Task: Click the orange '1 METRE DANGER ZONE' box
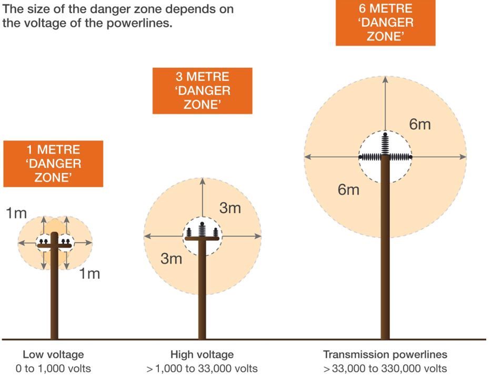tap(53, 163)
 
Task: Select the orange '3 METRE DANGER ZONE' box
tap(203, 90)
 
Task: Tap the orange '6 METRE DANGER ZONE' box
tap(386, 23)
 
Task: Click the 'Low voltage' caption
tap(53, 354)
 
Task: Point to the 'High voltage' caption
tap(202, 354)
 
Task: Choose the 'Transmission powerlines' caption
tap(385, 354)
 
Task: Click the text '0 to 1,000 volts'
tap(53, 368)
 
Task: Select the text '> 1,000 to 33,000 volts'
tap(202, 368)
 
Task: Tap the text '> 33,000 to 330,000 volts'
tap(385, 368)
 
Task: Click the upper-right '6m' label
tap(420, 125)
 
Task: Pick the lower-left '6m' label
tap(348, 190)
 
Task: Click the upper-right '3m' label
tap(230, 208)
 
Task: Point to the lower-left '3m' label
tap(172, 259)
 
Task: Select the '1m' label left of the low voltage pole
tap(16, 213)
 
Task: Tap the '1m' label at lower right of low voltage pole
tap(89, 274)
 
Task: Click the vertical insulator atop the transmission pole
tap(385, 144)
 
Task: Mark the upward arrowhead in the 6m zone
tap(385, 79)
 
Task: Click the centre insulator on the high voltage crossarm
tap(202, 230)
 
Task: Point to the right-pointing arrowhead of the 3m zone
tap(258, 237)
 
